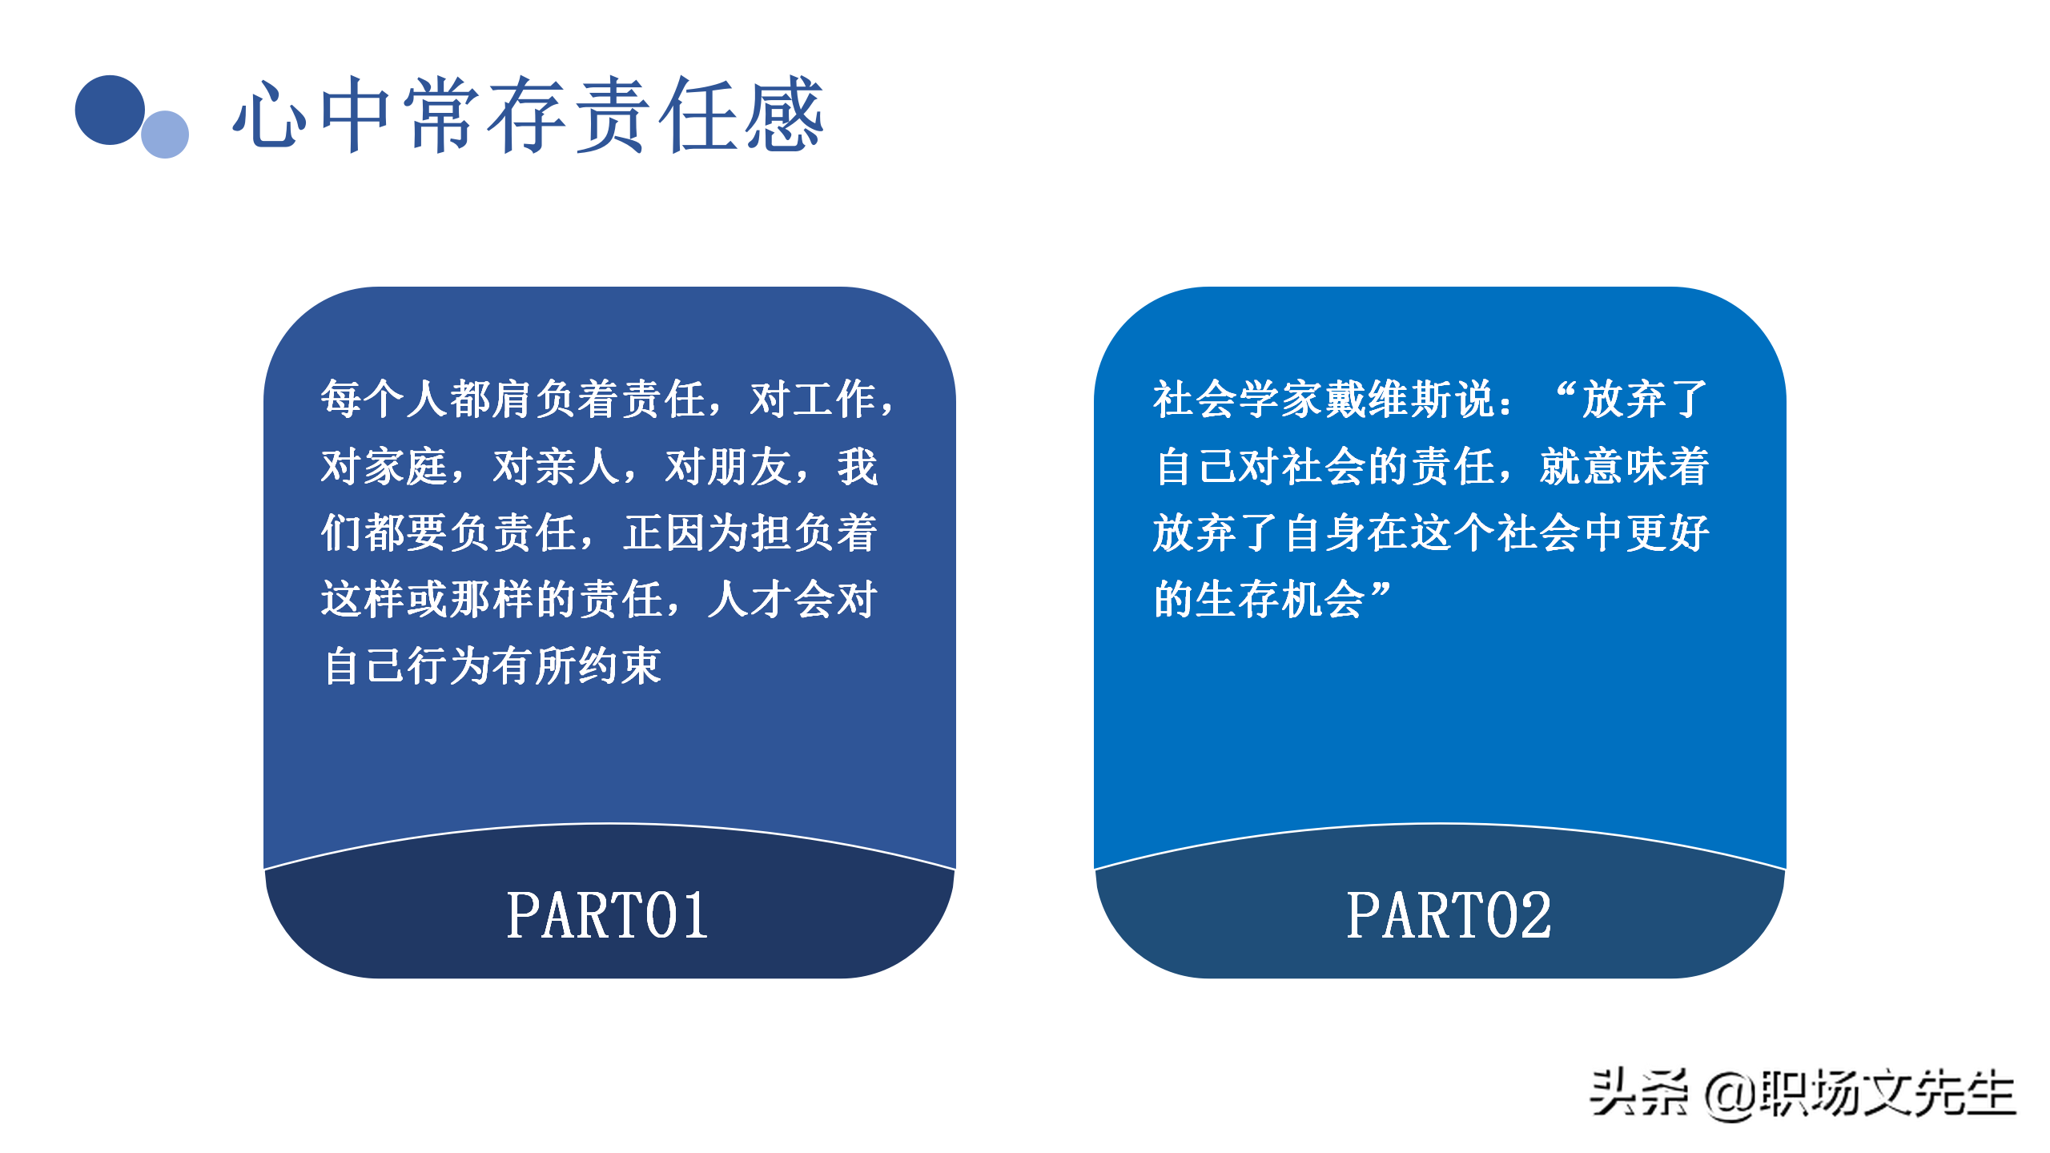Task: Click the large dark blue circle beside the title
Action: click(x=110, y=110)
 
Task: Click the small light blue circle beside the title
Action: click(x=165, y=135)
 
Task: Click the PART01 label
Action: click(x=608, y=915)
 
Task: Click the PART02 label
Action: click(x=1448, y=915)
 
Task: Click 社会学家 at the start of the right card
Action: click(x=1238, y=398)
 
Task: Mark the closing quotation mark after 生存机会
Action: click(x=1381, y=592)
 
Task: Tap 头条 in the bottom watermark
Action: click(x=1638, y=1093)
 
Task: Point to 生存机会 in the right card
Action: click(x=1280, y=599)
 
